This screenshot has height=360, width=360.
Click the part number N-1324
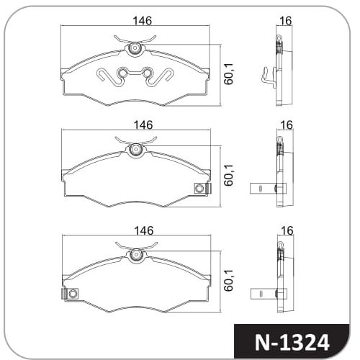[x=292, y=342]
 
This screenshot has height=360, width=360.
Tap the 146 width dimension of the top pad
[x=143, y=21]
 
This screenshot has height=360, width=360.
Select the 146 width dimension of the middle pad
[x=143, y=125]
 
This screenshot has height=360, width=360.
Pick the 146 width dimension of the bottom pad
[x=143, y=230]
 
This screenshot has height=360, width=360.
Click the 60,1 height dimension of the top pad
[x=228, y=74]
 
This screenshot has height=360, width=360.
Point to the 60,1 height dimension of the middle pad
[x=228, y=176]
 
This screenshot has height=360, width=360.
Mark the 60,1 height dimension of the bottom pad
[x=228, y=280]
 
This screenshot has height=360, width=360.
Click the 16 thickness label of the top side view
[x=286, y=21]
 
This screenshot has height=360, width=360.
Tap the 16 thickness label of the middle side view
[x=287, y=125]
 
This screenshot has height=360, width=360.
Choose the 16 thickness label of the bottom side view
[x=287, y=230]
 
